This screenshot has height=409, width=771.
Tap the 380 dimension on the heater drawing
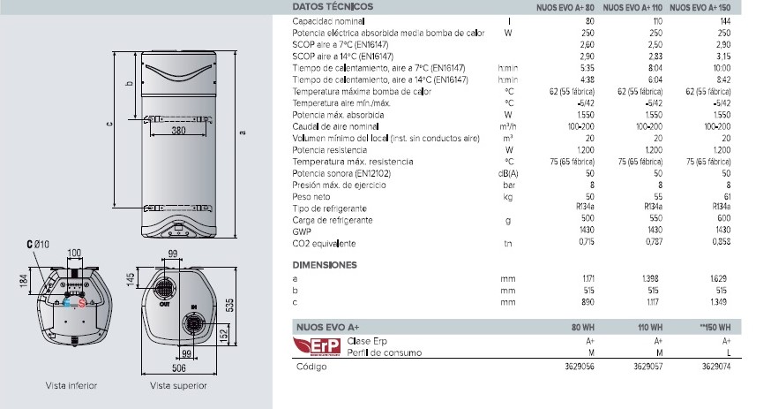pos(178,131)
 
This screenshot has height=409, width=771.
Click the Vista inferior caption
pos(71,386)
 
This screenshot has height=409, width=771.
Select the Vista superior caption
pos(178,386)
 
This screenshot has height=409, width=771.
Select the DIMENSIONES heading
pos(324,264)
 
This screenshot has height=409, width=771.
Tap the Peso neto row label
pos(311,197)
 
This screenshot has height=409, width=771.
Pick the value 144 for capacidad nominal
pos(726,19)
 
